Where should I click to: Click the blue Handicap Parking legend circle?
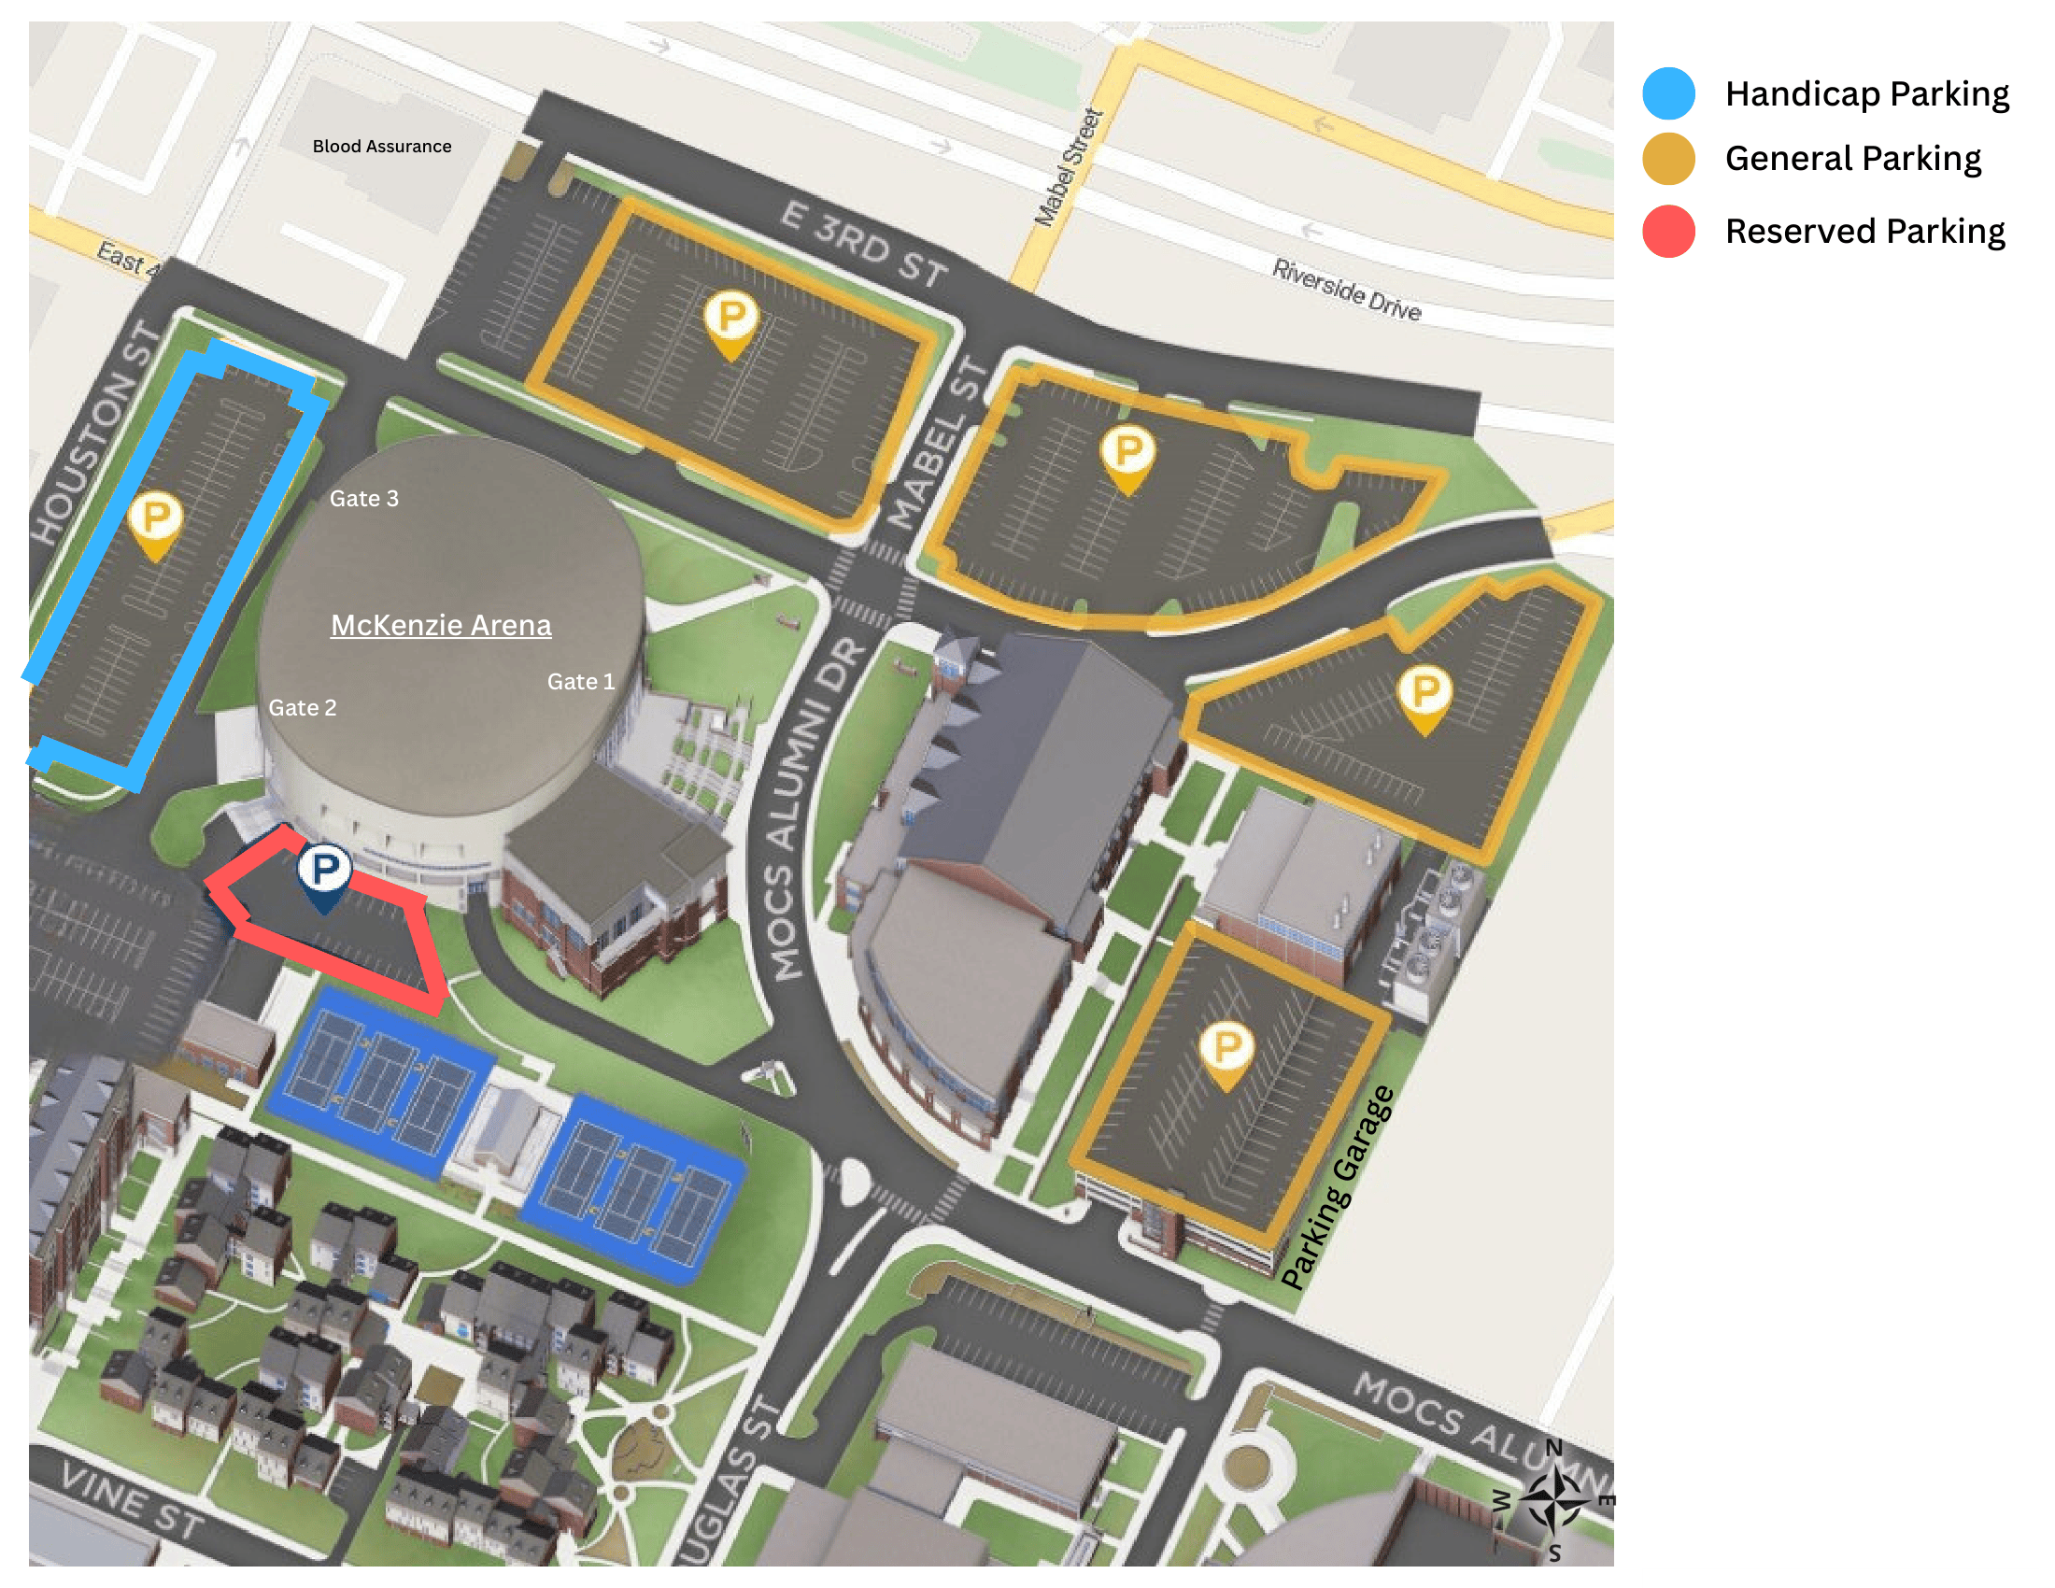click(1668, 93)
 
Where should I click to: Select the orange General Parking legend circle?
click(1668, 158)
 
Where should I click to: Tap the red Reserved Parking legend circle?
click(1668, 231)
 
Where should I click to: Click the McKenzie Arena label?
click(440, 625)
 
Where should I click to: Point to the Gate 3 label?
click(363, 499)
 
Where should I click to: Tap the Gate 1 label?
click(581, 681)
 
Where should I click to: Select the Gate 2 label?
click(302, 707)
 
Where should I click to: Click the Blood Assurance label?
click(381, 146)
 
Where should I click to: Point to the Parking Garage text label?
click(1337, 1188)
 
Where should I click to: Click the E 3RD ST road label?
click(863, 244)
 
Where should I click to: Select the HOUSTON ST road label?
click(94, 432)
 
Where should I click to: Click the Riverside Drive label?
click(1345, 289)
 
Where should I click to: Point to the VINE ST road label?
click(132, 1500)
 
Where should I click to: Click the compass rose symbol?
click(1553, 1499)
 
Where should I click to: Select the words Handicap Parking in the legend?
click(1866, 94)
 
